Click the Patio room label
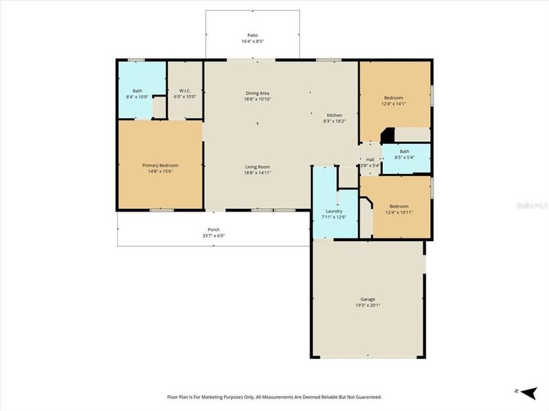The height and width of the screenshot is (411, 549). pos(253,35)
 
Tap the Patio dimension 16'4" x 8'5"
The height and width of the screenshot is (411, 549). pos(253,42)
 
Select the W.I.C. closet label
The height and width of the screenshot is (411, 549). pos(185,90)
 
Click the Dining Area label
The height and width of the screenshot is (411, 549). pos(257,93)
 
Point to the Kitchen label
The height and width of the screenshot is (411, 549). pos(334,115)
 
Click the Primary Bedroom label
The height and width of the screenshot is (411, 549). pos(160,165)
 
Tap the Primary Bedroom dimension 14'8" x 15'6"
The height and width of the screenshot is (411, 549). pos(160,172)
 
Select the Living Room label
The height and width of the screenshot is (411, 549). pos(257,166)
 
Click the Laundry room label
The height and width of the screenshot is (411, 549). pos(334,211)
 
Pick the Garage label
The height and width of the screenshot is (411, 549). pos(368,299)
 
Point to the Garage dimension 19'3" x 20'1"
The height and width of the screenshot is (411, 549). pos(368,306)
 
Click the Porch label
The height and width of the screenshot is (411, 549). pos(213,229)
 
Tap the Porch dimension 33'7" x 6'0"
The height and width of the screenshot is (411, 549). pos(213,236)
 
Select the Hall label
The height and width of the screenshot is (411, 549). pos(370,159)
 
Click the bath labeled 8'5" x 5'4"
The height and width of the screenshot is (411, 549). pos(405,151)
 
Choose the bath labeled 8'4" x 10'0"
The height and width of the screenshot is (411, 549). pos(137,90)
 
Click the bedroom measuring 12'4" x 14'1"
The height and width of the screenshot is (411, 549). pos(394,97)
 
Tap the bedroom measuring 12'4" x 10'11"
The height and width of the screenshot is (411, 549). pos(399,206)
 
